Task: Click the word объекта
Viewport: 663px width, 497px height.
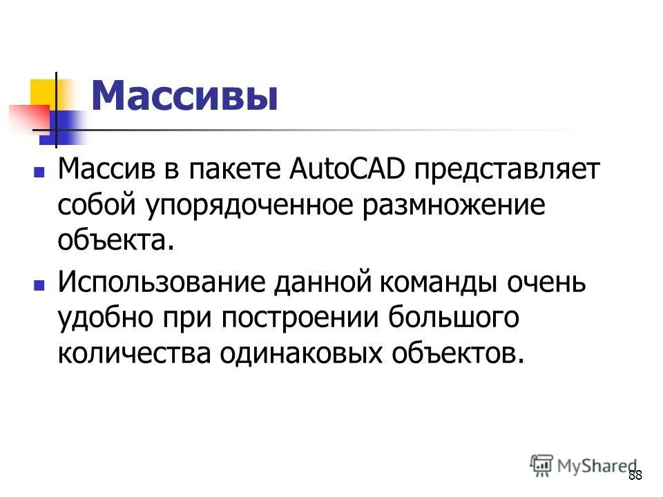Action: [113, 241]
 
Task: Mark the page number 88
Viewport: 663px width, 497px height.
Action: [635, 476]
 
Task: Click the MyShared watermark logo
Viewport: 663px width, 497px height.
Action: [584, 465]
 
